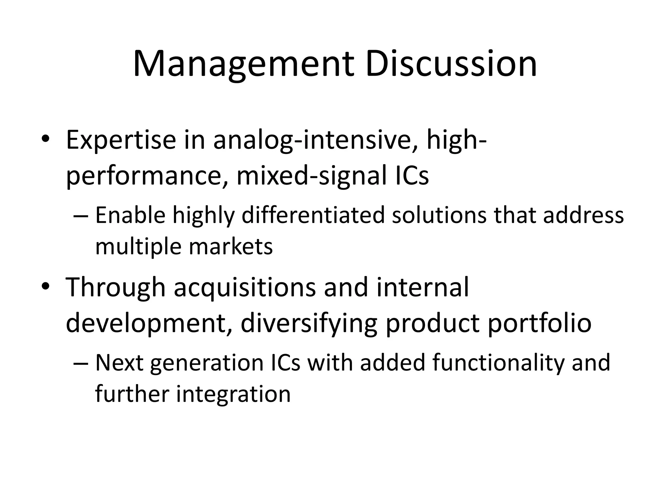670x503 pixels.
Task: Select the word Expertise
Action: point(121,141)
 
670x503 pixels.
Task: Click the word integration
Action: point(233,394)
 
